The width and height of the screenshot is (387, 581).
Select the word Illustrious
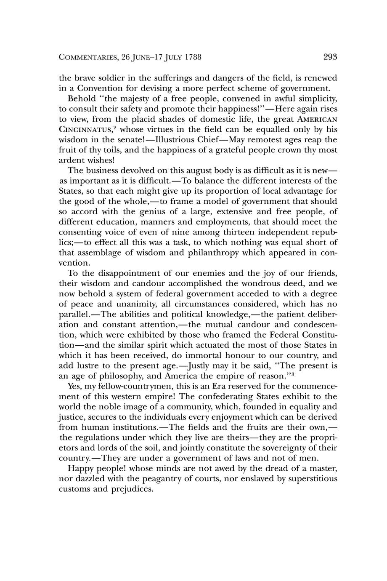174,140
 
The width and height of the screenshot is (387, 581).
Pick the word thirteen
220,232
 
